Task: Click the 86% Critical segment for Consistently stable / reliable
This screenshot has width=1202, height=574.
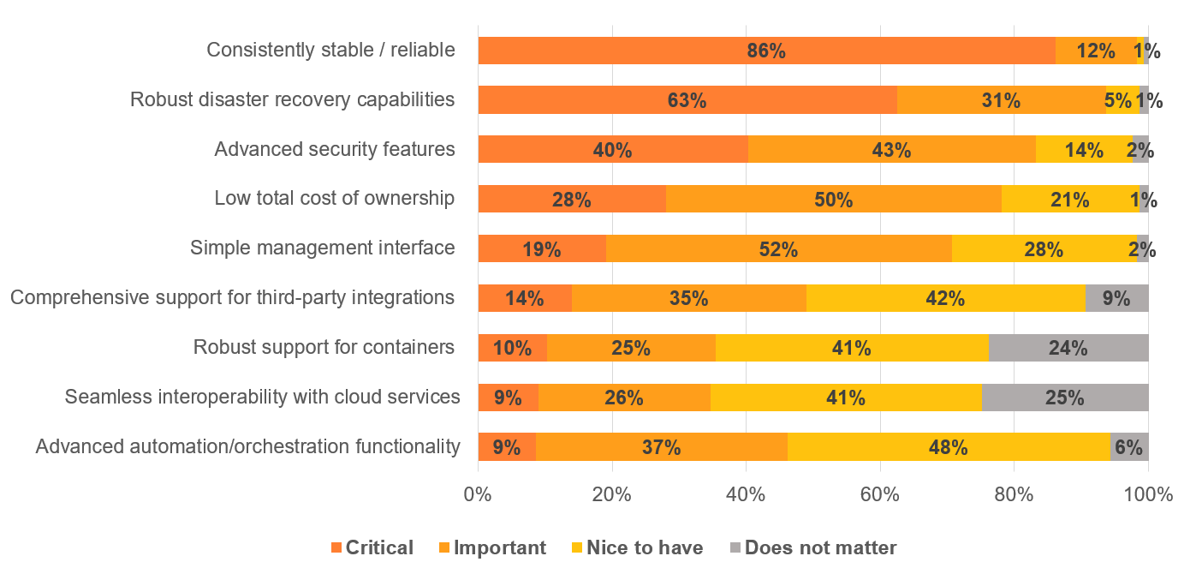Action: [766, 51]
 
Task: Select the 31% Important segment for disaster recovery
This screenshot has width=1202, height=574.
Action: [1002, 100]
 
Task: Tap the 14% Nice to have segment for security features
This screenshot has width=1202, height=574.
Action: [1084, 150]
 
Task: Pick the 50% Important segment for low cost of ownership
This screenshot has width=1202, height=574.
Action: [834, 200]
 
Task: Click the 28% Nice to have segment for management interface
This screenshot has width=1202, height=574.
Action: [1044, 249]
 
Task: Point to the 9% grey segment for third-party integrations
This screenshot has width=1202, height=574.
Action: [1116, 298]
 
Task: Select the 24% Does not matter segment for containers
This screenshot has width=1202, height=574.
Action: [1068, 348]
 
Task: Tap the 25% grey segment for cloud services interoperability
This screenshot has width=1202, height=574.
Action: [1065, 398]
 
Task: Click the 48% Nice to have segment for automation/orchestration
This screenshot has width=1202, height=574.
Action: [949, 447]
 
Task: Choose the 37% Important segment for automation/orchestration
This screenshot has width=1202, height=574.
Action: [662, 447]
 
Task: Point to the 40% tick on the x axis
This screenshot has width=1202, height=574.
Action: [746, 494]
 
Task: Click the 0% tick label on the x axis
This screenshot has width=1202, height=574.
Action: [478, 494]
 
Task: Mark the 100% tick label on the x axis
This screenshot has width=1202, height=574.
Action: [1147, 494]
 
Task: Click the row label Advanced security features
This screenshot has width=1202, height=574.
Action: [335, 149]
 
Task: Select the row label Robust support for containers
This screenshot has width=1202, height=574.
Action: [324, 347]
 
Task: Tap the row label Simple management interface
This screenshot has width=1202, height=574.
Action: [322, 248]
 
